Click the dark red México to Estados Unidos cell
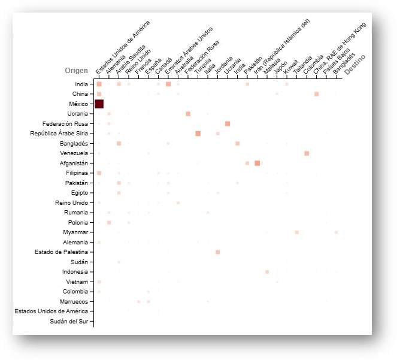[x=99, y=104]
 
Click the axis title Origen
[x=76, y=71]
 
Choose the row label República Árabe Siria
[x=59, y=134]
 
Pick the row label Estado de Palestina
[x=63, y=252]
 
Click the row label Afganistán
[x=73, y=163]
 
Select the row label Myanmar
[x=76, y=232]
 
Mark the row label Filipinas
[x=76, y=173]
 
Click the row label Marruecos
[x=74, y=301]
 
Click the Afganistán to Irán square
[x=257, y=163]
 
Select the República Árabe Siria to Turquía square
[x=198, y=133]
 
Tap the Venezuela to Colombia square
[x=307, y=153]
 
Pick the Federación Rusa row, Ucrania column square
[x=228, y=123]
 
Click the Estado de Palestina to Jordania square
[x=217, y=252]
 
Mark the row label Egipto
[x=78, y=193]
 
